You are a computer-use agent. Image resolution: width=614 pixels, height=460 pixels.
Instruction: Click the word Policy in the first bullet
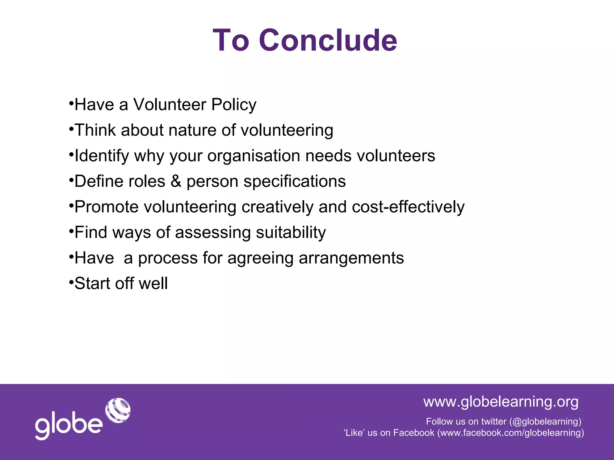(234, 105)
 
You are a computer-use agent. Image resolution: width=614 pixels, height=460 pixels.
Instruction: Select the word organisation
(254, 156)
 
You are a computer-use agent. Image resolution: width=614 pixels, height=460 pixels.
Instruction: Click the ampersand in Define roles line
(176, 181)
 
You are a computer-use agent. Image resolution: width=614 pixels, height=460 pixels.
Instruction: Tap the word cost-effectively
(408, 207)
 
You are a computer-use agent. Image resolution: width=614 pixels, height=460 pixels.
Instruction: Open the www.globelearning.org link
(501, 402)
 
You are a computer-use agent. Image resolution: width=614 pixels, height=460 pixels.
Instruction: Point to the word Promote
(106, 207)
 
